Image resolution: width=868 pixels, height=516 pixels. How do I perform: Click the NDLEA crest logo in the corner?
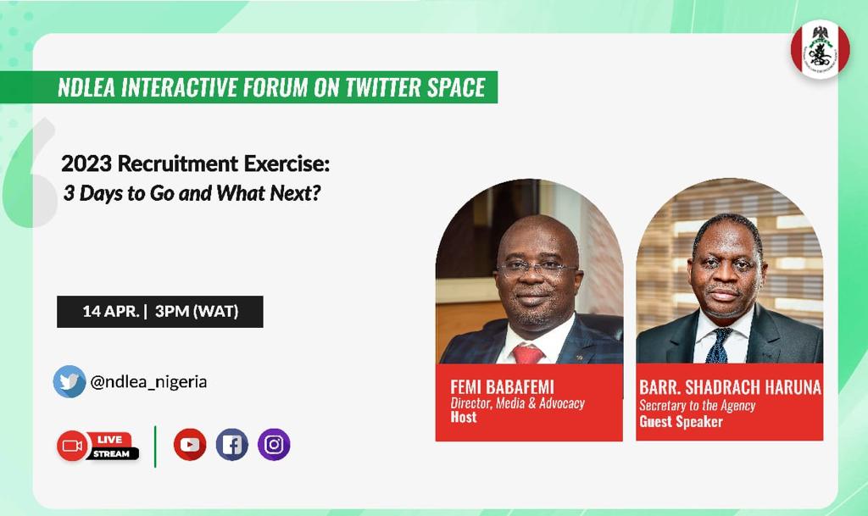pos(820,50)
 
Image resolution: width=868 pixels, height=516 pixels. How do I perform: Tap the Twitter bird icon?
pos(70,381)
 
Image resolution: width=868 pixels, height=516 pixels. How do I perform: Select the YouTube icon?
pos(190,445)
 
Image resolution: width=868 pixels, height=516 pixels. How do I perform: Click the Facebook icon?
pos(231,445)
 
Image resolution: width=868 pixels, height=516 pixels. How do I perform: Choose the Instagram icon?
pos(274,445)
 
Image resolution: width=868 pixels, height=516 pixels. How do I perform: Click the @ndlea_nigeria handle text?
pos(148,382)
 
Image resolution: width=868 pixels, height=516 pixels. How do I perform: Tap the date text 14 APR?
pos(110,312)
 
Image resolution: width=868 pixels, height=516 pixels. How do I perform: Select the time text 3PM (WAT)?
pos(197,312)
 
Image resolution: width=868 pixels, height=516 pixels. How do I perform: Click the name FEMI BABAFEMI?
pos(502,387)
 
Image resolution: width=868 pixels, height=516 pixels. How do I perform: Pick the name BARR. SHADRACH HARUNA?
pos(730,387)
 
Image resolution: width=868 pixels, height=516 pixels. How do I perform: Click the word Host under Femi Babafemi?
pos(464,418)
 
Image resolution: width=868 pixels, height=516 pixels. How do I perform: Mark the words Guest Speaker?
pos(681,421)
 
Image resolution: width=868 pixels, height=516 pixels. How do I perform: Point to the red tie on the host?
pos(527,353)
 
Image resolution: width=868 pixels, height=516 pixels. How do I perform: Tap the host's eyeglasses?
pos(536,267)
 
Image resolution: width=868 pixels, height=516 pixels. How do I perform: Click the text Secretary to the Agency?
pos(697,405)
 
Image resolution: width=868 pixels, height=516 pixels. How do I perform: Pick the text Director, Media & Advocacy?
pos(517,403)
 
